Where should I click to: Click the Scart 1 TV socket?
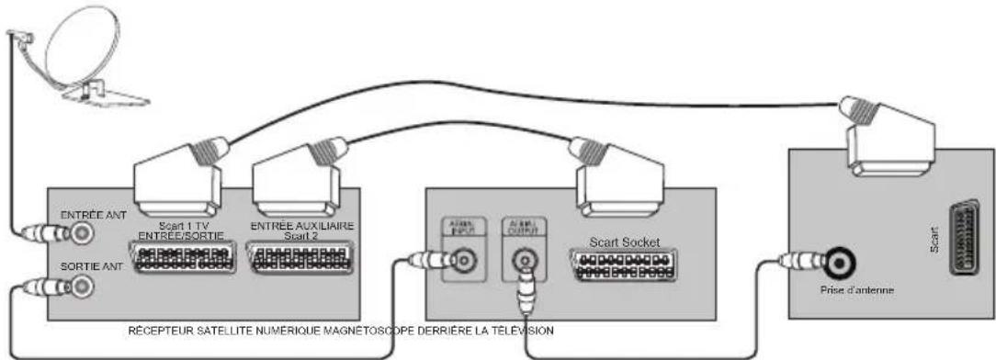click(181, 259)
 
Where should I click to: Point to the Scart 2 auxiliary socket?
click(293, 259)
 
